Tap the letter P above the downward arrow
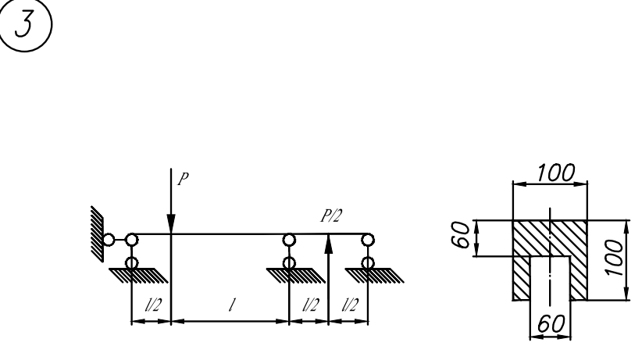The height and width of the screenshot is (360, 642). click(x=182, y=177)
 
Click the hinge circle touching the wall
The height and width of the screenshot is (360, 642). click(x=109, y=240)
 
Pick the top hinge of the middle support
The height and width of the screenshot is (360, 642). click(x=289, y=239)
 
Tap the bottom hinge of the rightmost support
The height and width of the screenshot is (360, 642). click(x=367, y=263)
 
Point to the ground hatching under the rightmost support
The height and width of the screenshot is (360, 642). click(x=374, y=274)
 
